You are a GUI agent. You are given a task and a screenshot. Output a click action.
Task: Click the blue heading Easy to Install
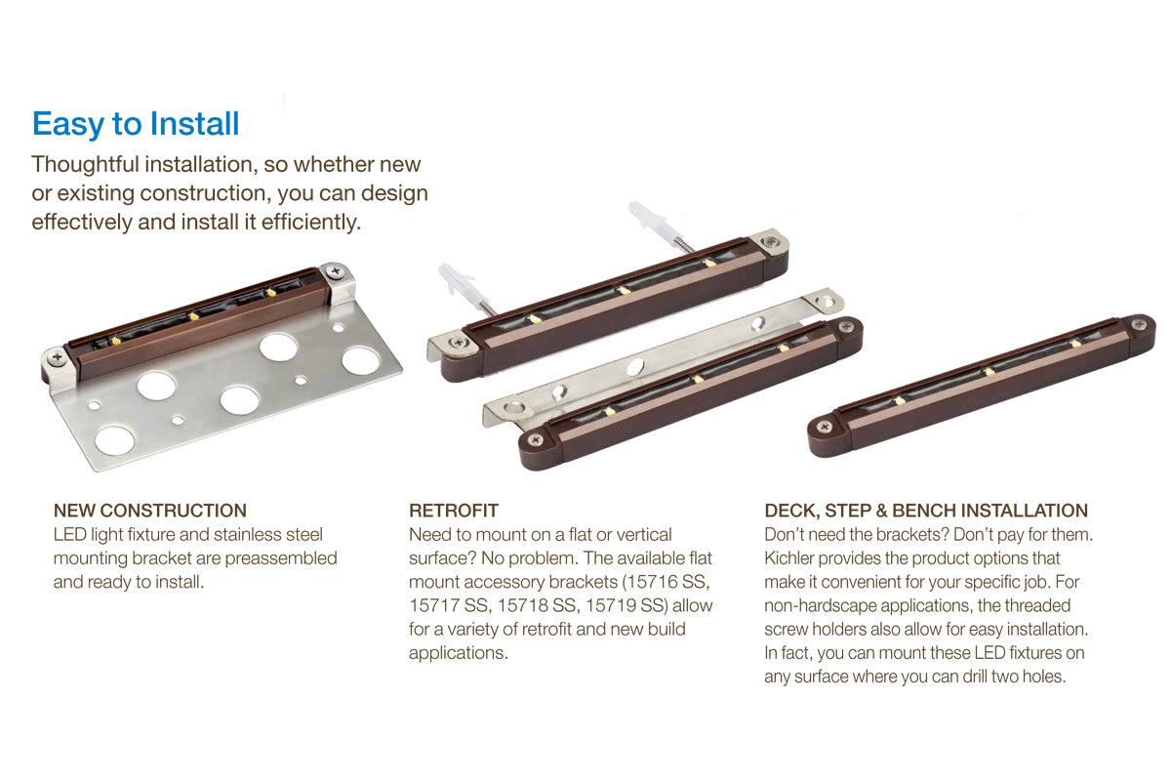click(x=136, y=125)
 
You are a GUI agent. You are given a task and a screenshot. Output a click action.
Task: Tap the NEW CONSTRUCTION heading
click(x=150, y=511)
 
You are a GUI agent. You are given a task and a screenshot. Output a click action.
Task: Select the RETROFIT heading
click(x=454, y=511)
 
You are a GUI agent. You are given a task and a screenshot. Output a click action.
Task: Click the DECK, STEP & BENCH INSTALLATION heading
click(x=926, y=511)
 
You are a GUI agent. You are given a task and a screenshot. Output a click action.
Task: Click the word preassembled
click(x=281, y=559)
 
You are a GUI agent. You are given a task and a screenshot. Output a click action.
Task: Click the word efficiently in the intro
click(x=310, y=223)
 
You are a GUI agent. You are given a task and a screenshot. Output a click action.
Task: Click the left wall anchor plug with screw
click(x=465, y=288)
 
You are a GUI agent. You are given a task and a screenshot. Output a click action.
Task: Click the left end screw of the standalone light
click(x=825, y=427)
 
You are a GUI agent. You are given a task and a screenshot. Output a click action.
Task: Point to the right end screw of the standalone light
click(x=1139, y=324)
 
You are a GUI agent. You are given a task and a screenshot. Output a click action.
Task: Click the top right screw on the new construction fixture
click(x=335, y=272)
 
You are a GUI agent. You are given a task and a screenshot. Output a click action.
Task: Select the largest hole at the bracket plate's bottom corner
click(x=114, y=440)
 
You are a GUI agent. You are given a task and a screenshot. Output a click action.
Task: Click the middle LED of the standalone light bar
click(x=989, y=372)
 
